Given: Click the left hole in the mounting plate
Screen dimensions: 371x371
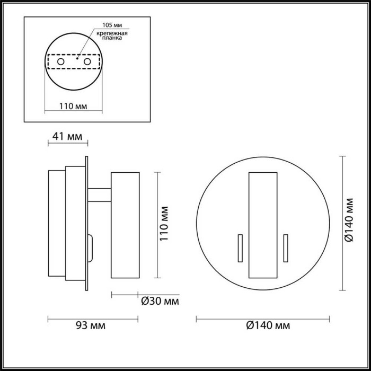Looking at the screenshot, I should [x=61, y=63].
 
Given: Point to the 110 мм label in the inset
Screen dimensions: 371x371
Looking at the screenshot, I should [x=73, y=106].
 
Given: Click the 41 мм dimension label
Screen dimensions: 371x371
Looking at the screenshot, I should [x=65, y=137].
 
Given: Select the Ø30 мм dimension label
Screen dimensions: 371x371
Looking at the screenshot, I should [x=160, y=302].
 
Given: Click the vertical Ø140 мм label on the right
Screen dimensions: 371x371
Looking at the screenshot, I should [x=348, y=224].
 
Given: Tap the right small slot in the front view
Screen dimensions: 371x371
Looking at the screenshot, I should [x=285, y=247].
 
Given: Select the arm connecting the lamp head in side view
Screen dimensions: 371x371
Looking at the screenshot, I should [x=99, y=195].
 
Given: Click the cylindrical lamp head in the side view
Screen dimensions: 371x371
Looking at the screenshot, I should [x=125, y=225].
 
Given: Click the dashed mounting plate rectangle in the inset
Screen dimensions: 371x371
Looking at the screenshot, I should [x=74, y=63].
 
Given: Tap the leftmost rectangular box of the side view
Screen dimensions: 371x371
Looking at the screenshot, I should [x=56, y=224].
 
